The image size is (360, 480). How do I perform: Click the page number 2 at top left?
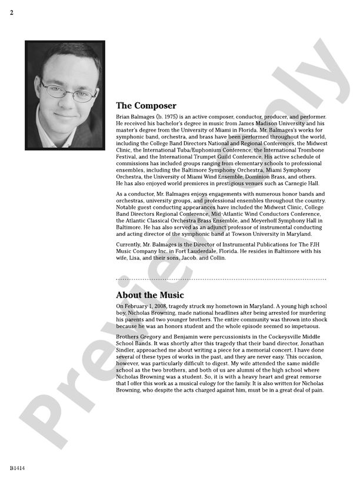pos(11,13)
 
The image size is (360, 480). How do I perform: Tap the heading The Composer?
pos(146,106)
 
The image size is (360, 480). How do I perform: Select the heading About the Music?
pos(149,295)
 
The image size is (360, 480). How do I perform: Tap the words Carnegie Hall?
pos(302,183)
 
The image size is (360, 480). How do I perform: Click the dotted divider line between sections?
pos(221,279)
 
